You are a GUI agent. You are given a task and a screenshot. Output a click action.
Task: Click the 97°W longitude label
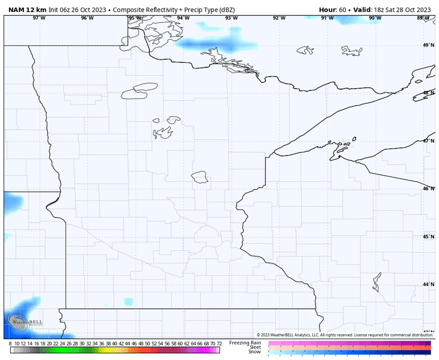[39, 18]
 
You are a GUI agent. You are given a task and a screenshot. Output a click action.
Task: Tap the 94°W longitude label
[183, 18]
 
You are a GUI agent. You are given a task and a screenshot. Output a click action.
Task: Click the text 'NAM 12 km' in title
[27, 10]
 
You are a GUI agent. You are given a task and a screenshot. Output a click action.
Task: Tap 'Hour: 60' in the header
[332, 10]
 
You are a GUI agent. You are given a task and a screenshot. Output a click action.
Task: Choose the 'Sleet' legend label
[254, 347]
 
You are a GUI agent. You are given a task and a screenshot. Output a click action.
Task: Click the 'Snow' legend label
[255, 352]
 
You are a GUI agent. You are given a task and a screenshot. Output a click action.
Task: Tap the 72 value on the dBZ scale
[219, 344]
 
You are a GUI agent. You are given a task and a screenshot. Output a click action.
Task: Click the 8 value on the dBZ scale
[11, 344]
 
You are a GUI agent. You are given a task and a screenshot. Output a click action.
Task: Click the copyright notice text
[345, 335]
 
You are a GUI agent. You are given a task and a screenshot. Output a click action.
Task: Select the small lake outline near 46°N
[200, 177]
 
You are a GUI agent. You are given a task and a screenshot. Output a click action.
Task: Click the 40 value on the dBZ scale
[115, 344]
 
